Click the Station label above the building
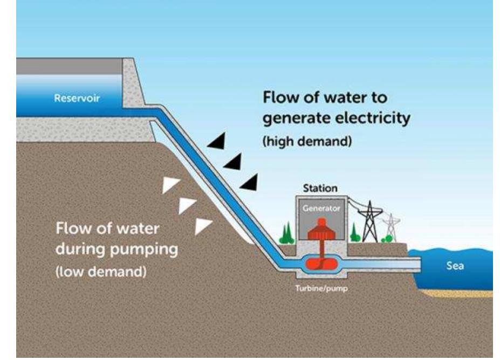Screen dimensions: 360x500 click(320, 189)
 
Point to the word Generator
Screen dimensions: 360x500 click(321, 207)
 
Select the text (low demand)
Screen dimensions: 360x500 click(101, 271)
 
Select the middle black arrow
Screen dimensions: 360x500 click(232, 161)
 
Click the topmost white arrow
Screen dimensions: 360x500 click(171, 185)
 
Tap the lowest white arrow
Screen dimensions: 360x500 click(204, 225)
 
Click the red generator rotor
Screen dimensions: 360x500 click(321, 229)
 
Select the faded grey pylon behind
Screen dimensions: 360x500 click(391, 226)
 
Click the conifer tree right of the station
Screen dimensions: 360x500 click(354, 233)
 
